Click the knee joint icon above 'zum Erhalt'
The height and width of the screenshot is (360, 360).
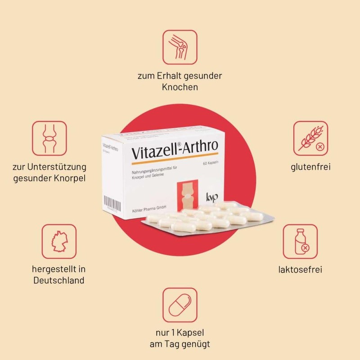[x=180, y=47]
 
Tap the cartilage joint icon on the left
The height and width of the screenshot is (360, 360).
[x=49, y=138]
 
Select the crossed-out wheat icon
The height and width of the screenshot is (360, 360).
[x=310, y=138]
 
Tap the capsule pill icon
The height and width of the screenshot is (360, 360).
[x=180, y=305]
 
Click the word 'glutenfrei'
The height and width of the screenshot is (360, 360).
[x=310, y=167]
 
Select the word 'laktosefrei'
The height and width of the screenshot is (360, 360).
[x=300, y=270]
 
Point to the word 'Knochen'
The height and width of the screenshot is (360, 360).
[x=180, y=87]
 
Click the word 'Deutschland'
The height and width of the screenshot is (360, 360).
[x=59, y=280]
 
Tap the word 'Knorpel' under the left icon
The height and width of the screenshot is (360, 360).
[x=67, y=178]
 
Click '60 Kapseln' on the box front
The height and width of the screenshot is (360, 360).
[x=211, y=162]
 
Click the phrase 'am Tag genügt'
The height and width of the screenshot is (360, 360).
[x=180, y=345]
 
